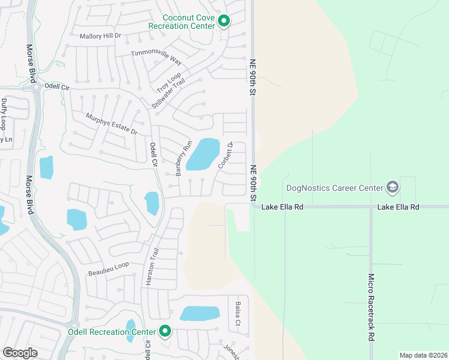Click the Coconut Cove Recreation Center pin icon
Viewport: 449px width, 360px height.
(x=224, y=22)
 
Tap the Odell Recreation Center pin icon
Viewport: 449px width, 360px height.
(x=164, y=331)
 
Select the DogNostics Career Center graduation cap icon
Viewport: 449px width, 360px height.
(x=393, y=188)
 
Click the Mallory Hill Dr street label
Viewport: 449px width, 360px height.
(x=100, y=36)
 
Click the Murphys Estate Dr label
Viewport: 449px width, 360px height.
(x=112, y=124)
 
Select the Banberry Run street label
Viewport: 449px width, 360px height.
(x=183, y=158)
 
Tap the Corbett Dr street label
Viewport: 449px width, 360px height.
(x=225, y=155)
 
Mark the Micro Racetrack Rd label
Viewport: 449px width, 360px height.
(x=372, y=307)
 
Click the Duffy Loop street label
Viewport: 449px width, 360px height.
(x=4, y=115)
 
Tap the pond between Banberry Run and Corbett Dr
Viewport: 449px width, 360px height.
(x=203, y=154)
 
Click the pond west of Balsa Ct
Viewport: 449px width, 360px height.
(x=199, y=314)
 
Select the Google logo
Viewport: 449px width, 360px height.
(x=20, y=353)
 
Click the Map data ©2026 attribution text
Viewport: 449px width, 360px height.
(x=423, y=355)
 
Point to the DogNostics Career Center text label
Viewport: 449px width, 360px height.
(x=334, y=188)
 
